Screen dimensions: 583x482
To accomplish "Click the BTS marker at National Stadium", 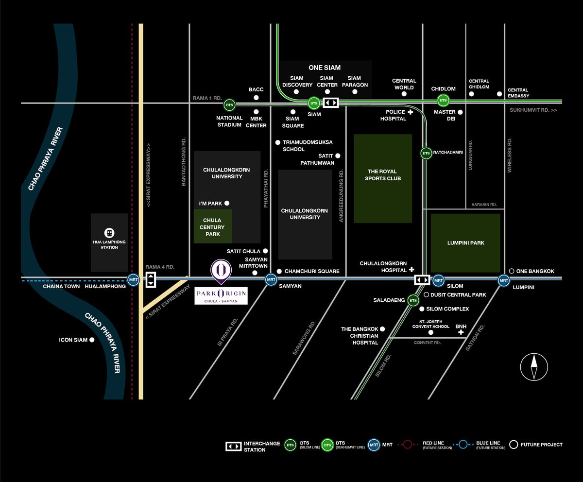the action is pyautogui.click(x=229, y=105).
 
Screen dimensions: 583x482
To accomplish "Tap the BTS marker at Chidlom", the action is pyautogui.click(x=443, y=101).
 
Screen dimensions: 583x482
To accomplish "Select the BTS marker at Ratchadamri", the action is pyautogui.click(x=426, y=153).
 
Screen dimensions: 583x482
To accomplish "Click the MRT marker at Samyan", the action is pyautogui.click(x=271, y=279).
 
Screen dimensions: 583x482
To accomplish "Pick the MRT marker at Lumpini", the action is pyautogui.click(x=504, y=281).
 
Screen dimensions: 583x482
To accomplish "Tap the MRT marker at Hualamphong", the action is pyautogui.click(x=133, y=279).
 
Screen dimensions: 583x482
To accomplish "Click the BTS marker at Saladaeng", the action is pyautogui.click(x=413, y=300).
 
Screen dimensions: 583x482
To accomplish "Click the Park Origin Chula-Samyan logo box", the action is pyautogui.click(x=221, y=296).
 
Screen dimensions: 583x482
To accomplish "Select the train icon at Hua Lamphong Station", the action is pyautogui.click(x=109, y=233).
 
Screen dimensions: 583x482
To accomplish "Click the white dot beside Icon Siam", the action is pyautogui.click(x=92, y=340).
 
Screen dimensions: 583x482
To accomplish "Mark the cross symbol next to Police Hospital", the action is pyautogui.click(x=410, y=112).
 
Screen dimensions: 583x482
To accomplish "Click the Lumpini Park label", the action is pyautogui.click(x=466, y=243).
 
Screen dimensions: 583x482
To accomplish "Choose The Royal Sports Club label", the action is pyautogui.click(x=382, y=175).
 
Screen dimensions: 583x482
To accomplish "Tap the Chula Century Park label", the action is pyautogui.click(x=212, y=227).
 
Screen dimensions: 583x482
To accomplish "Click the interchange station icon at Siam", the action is pyautogui.click(x=331, y=103).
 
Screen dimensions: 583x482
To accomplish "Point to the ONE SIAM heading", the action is pyautogui.click(x=325, y=68).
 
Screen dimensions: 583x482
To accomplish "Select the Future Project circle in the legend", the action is pyautogui.click(x=514, y=445).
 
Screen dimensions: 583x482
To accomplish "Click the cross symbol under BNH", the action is pyautogui.click(x=461, y=332).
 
